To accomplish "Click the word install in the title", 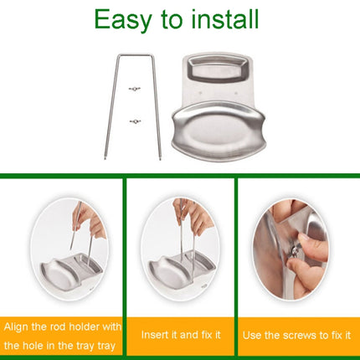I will [x=222, y=18].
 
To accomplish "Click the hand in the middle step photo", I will [x=193, y=216].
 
